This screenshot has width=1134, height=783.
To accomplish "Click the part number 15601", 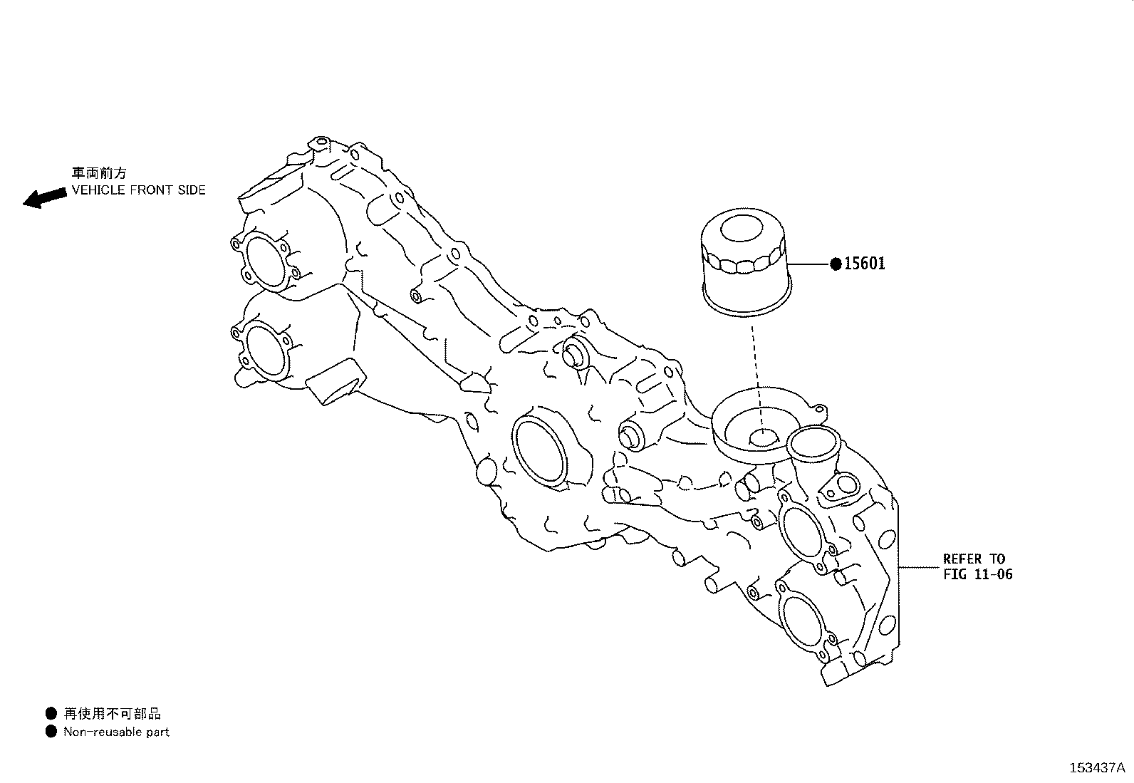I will (865, 264).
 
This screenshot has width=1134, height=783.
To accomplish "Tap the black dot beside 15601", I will (836, 264).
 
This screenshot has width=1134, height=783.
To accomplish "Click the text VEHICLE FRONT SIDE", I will (138, 190).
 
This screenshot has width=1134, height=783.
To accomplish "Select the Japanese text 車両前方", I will (99, 173).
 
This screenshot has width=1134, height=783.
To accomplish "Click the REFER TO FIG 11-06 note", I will (977, 566).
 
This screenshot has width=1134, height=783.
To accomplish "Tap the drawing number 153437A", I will (1096, 768).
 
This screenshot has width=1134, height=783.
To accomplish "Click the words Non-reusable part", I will (116, 732).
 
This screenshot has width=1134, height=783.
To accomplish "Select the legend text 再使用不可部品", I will (112, 713).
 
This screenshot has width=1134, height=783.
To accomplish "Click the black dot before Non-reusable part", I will (51, 732).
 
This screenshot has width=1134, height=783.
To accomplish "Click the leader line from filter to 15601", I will (808, 264).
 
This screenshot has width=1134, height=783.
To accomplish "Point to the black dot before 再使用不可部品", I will (51, 713).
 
